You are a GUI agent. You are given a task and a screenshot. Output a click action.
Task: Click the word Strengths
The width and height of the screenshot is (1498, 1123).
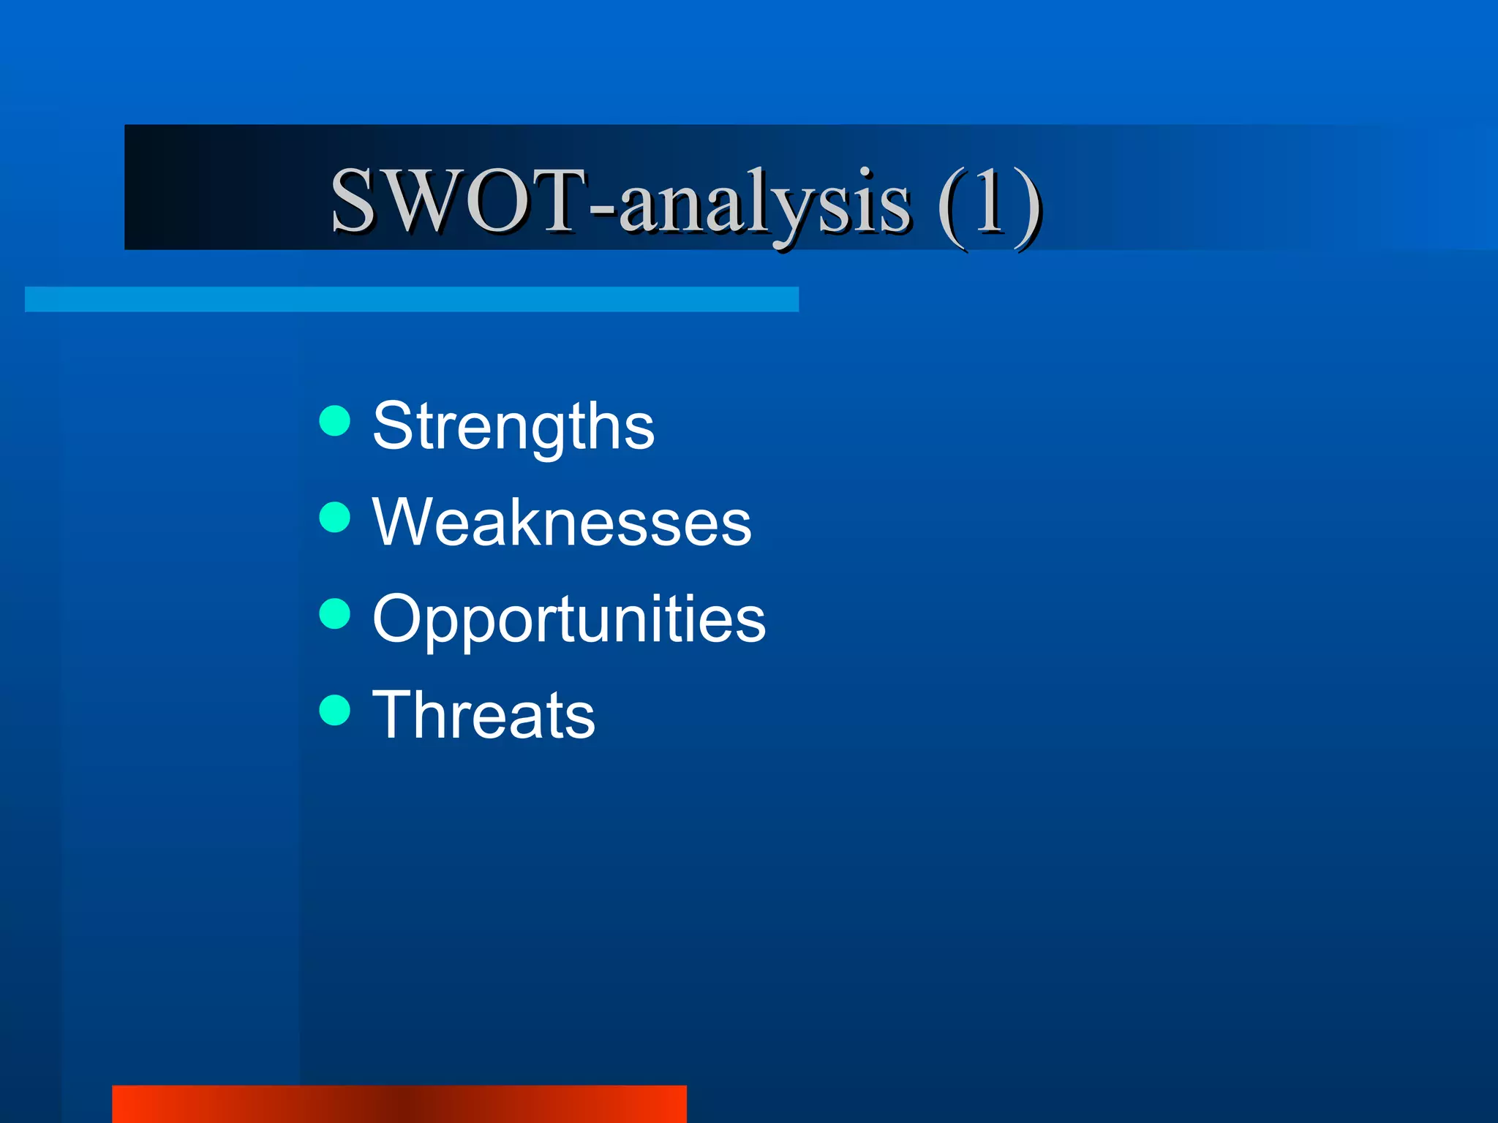pyautogui.click(x=513, y=427)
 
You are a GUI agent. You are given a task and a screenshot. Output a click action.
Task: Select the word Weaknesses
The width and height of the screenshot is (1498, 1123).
pyautogui.click(x=561, y=522)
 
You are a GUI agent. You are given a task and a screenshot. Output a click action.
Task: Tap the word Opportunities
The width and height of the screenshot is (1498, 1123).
pyautogui.click(x=568, y=619)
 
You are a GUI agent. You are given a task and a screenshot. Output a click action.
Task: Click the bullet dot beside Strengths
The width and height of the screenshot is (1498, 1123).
pyautogui.click(x=335, y=420)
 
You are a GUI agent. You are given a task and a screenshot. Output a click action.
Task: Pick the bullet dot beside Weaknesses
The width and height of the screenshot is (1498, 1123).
pyautogui.click(x=335, y=517)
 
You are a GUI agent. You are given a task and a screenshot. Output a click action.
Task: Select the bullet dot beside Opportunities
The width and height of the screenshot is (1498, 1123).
pyautogui.click(x=335, y=613)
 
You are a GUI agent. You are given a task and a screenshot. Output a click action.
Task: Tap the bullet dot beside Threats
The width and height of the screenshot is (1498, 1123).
pyautogui.click(x=335, y=710)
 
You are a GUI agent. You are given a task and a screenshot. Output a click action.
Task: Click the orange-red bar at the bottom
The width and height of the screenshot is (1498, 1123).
pyautogui.click(x=399, y=1104)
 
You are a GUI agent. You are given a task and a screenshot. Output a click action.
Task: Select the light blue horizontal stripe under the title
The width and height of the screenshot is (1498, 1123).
pyautogui.click(x=411, y=299)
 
